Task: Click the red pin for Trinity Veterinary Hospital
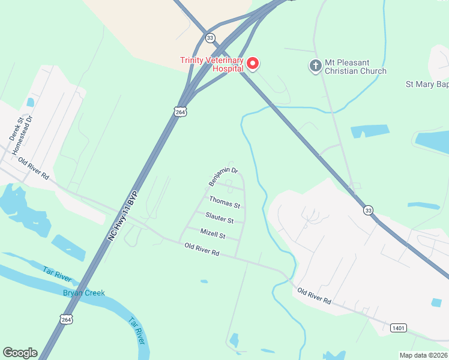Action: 253,63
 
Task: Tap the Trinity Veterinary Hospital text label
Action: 212,64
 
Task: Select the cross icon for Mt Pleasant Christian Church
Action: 315,65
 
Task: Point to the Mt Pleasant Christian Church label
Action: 355,66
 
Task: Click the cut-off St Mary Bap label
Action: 427,85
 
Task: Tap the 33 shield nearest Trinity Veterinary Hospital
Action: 209,38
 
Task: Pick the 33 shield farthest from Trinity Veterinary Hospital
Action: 368,210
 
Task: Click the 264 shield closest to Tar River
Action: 66,319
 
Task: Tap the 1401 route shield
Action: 397,328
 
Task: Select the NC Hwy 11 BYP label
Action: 122,217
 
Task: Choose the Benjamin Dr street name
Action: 223,176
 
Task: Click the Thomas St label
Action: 224,202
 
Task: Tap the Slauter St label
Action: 219,217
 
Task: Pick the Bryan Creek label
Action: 84,293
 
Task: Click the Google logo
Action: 20,353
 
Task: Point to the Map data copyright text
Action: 424,355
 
